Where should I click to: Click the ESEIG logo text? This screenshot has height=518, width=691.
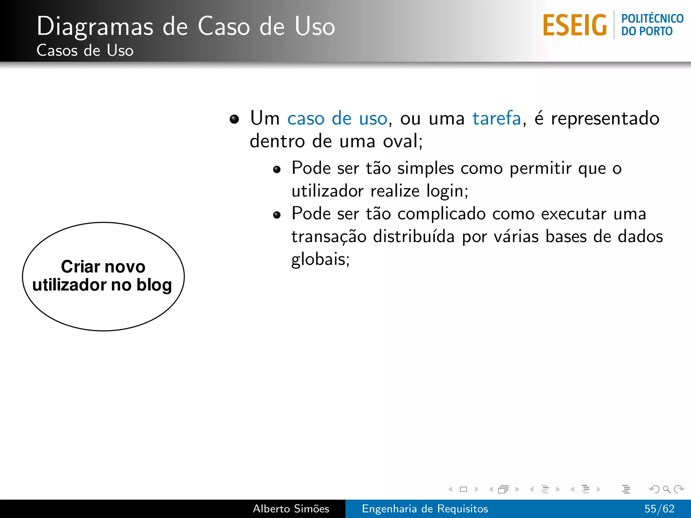tap(575, 25)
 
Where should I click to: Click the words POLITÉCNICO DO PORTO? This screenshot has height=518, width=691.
tap(652, 25)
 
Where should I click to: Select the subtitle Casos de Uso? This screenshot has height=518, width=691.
tap(85, 51)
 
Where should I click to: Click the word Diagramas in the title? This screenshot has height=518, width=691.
tap(95, 27)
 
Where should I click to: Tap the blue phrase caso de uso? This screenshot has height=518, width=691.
tap(337, 118)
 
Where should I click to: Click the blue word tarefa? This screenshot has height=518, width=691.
tap(497, 118)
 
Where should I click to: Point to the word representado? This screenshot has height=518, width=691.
tap(605, 118)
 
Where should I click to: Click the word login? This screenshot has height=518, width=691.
tap(447, 191)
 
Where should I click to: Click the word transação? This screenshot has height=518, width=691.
tap(329, 236)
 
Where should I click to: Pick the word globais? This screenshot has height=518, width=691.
tap(320, 259)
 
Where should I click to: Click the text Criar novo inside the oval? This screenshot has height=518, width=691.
tap(103, 267)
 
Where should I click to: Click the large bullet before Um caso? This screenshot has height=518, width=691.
tap(234, 119)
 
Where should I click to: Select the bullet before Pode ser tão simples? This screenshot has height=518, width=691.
tap(277, 169)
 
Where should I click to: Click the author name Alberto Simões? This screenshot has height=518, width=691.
tap(291, 509)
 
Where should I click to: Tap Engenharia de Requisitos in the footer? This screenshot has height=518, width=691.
tap(425, 509)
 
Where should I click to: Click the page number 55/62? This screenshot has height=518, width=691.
tap(659, 509)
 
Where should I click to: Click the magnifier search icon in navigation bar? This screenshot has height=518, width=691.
tap(666, 489)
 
